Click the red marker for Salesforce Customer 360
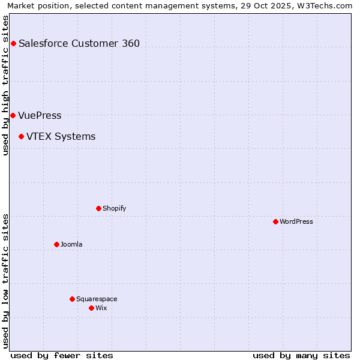pyautogui.click(x=13, y=43)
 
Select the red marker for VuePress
pyautogui.click(x=13, y=115)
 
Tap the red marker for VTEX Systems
pyautogui.click(x=21, y=137)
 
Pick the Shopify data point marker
pyautogui.click(x=98, y=209)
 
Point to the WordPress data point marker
pyautogui.click(x=275, y=222)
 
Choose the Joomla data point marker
pyautogui.click(x=56, y=244)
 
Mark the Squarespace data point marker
pyautogui.click(x=72, y=299)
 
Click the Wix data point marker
pyautogui.click(x=91, y=308)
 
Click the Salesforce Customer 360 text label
pyautogui.click(x=79, y=43)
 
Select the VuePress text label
pyautogui.click(x=40, y=115)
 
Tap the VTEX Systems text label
pyautogui.click(x=61, y=137)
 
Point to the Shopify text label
pyautogui.click(x=114, y=209)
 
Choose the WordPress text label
pyautogui.click(x=296, y=222)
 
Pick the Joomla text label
pyautogui.click(x=71, y=244)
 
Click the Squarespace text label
pyautogui.click(x=97, y=299)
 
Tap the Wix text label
pyautogui.click(x=101, y=308)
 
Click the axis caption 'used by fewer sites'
pyautogui.click(x=62, y=355)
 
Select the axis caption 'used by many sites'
pyautogui.click(x=301, y=355)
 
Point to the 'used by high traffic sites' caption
pyautogui.click(x=5, y=85)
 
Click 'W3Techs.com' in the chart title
pyautogui.click(x=327, y=5)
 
